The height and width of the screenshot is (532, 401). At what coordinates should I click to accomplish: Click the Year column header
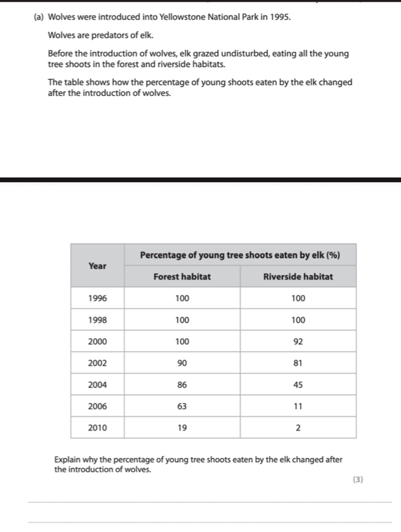pos(97,266)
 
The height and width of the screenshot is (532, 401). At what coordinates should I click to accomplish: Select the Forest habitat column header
pos(182,277)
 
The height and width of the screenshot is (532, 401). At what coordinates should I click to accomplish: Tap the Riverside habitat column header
pos(298,277)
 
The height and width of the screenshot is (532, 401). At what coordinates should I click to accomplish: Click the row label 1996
pos(97,298)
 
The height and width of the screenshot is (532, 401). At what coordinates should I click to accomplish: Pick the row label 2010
pos(97,428)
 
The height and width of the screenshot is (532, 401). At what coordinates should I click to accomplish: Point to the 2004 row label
pos(97,385)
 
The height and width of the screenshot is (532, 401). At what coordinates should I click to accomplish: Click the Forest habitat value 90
pos(182,363)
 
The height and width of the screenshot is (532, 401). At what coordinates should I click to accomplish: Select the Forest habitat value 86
pos(182,385)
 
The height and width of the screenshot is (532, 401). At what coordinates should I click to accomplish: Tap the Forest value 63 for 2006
pos(182,406)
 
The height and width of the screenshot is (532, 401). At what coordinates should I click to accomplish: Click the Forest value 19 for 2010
pos(182,428)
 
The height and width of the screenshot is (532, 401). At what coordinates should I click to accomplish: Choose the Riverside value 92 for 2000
pos(298,341)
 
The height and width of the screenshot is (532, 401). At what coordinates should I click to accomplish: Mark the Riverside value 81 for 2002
pos(298,363)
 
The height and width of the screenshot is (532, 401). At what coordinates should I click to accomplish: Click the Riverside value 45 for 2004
pos(298,385)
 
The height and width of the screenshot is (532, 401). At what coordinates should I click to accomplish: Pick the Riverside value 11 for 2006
pos(298,406)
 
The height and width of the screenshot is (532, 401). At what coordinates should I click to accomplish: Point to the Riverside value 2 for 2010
pos(298,428)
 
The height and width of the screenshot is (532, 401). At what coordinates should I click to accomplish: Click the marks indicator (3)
pos(357,480)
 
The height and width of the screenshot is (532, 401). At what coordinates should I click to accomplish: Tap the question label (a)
pos(39,17)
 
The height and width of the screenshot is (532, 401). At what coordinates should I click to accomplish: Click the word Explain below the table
pos(68,460)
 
